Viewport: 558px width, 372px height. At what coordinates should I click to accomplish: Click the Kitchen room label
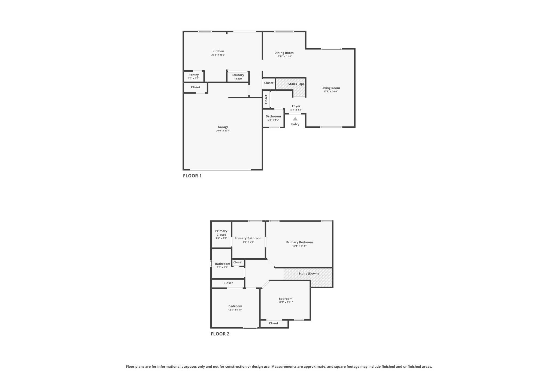click(x=218, y=51)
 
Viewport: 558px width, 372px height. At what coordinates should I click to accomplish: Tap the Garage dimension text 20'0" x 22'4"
click(x=223, y=131)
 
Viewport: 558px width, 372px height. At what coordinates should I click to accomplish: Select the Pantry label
click(x=194, y=75)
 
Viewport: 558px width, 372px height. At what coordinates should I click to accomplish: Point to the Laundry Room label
click(x=238, y=77)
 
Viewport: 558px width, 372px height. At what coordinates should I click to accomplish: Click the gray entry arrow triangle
click(x=295, y=119)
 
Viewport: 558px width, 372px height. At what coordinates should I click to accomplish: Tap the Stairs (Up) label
click(x=296, y=84)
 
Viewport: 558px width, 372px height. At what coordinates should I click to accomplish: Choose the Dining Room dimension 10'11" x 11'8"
click(x=284, y=56)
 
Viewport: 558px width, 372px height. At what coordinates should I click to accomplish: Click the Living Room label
click(x=331, y=88)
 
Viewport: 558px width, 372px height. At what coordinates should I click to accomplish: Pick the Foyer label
click(x=296, y=106)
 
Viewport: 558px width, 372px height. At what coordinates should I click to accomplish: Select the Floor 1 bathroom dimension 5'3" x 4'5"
click(x=273, y=120)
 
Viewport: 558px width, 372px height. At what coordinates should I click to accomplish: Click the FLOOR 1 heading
click(x=192, y=176)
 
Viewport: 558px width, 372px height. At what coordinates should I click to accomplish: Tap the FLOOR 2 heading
click(x=220, y=334)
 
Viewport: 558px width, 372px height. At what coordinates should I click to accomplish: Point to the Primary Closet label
click(x=221, y=233)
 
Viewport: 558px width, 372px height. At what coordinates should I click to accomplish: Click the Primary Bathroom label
click(x=248, y=238)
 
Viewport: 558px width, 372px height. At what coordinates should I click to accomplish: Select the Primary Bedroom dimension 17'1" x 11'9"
click(x=299, y=246)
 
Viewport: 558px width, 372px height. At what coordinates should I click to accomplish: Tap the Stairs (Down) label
click(x=308, y=274)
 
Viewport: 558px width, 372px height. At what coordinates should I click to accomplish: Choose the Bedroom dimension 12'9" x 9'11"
click(x=286, y=302)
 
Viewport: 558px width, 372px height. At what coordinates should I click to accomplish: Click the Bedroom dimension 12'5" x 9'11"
click(x=235, y=310)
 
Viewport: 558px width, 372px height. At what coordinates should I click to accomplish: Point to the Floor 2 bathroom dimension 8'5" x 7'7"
click(x=222, y=267)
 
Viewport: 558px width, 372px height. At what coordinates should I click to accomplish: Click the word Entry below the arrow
click(x=295, y=124)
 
